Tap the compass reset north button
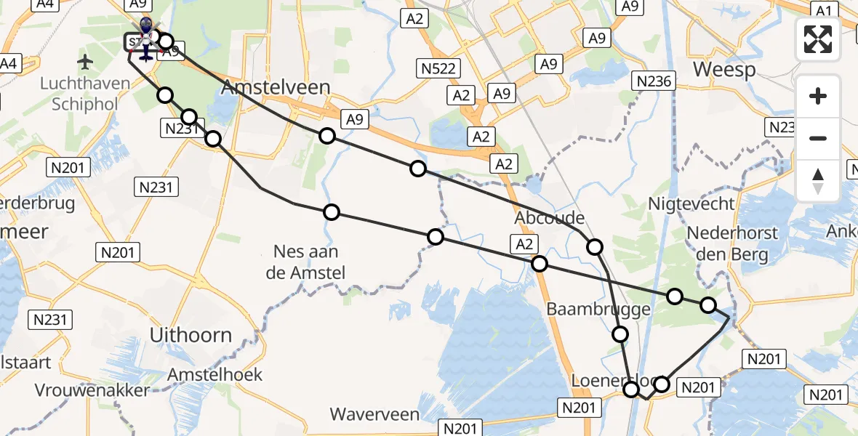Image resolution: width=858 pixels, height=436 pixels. [818, 181]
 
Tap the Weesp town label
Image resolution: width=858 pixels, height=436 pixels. [724, 70]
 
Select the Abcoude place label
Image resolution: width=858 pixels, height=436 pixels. [549, 217]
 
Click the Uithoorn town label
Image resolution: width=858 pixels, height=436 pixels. [191, 335]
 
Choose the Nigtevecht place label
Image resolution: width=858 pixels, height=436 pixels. [692, 203]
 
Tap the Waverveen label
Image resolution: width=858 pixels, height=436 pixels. [374, 414]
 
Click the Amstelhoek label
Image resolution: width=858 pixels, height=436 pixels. [214, 375]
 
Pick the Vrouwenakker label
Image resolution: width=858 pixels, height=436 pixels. [92, 389]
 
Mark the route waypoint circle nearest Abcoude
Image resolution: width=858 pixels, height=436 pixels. [595, 247]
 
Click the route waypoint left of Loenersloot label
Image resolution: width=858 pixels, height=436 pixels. [632, 390]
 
